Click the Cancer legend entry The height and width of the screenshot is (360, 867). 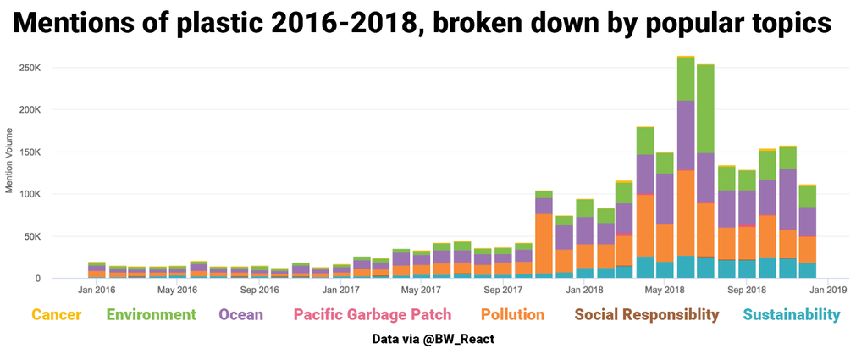tap(57, 315)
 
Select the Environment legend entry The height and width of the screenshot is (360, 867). tap(152, 315)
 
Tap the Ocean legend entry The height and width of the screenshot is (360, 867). tap(240, 315)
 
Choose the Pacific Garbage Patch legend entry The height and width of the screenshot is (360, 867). tap(372, 315)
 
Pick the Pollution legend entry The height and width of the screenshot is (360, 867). tap(512, 315)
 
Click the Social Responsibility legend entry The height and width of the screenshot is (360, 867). tap(647, 315)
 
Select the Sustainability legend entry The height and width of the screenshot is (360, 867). tap(792, 315)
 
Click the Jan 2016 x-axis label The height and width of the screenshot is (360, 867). tap(97, 290)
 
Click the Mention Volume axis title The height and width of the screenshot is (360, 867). tap(10, 161)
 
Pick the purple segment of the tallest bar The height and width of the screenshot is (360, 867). tap(686, 136)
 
